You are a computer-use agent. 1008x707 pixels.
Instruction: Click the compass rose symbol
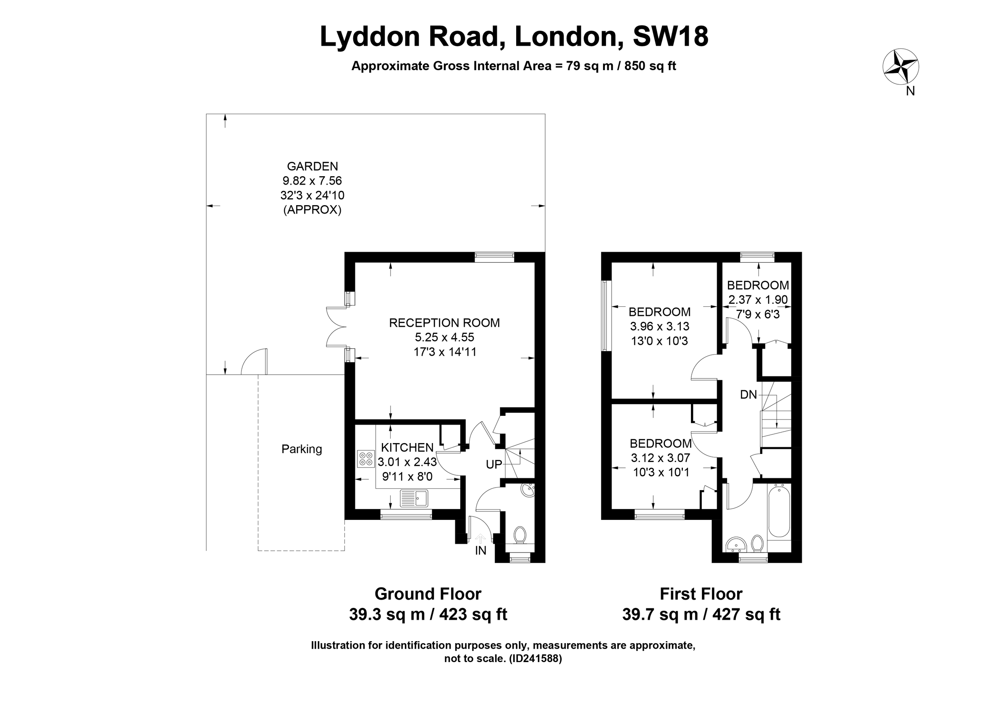pos(900,67)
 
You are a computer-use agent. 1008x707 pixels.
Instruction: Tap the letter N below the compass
pos(911,91)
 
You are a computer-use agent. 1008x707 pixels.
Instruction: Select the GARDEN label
pos(312,166)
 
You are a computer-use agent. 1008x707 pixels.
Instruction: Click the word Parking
pos(302,449)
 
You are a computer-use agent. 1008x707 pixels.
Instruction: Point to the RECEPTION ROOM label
pos(444,323)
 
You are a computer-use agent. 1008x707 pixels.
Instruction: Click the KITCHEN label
pos(407,447)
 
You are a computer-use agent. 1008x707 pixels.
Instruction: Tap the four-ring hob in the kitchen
pos(366,459)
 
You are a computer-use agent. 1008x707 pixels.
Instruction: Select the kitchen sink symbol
pos(414,498)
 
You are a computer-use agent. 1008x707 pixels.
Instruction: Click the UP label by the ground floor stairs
pos(494,464)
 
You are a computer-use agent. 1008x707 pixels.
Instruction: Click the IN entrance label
pos(481,550)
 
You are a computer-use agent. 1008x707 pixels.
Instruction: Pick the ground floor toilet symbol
pos(520,535)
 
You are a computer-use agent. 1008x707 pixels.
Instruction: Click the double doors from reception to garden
pos(336,327)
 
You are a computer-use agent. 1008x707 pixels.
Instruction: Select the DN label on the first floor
pos(748,395)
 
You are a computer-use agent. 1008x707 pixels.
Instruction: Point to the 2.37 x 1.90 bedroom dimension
pos(758,300)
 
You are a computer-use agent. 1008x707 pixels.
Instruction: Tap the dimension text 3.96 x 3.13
pos(659,326)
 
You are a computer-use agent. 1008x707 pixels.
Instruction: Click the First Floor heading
pos(701,594)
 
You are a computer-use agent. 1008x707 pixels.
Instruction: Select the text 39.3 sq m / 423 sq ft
pos(428,614)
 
